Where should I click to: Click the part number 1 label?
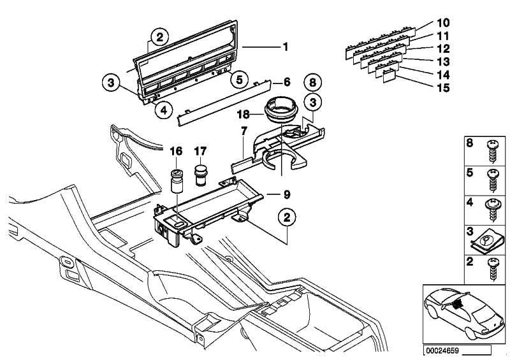(x=286, y=47)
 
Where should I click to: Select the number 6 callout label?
(x=286, y=82)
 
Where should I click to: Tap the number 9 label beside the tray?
(x=286, y=194)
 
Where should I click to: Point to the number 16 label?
(x=176, y=151)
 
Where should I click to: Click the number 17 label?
(x=200, y=151)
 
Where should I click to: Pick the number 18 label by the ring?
(x=243, y=114)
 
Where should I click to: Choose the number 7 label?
(x=244, y=132)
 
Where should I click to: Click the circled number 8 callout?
(x=312, y=83)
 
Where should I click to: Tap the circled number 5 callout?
(x=240, y=80)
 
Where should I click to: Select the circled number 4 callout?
(x=164, y=111)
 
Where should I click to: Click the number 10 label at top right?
(x=442, y=23)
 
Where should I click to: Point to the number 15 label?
(x=444, y=88)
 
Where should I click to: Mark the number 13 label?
(x=443, y=62)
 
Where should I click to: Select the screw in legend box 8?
(x=493, y=152)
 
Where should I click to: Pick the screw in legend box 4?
(x=493, y=210)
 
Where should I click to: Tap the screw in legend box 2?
(x=493, y=269)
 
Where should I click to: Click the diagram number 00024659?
(x=442, y=351)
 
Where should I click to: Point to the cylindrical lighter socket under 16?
(x=177, y=182)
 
